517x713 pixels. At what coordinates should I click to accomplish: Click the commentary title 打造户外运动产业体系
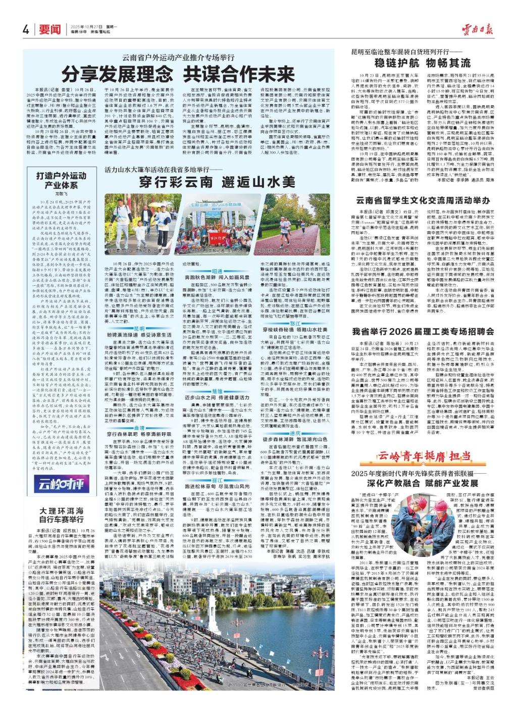60,181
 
